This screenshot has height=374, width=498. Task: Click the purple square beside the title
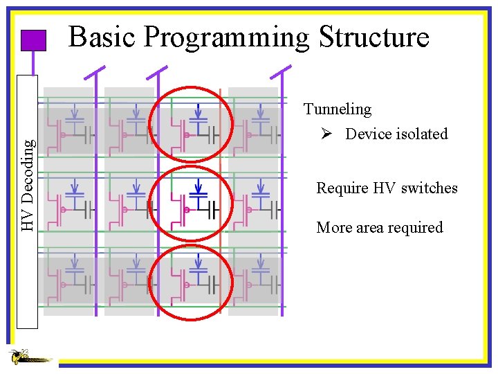click(33, 41)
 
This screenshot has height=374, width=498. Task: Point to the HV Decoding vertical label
click(28, 184)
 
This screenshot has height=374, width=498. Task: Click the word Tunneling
click(338, 109)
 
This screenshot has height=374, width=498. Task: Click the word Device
click(368, 134)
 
